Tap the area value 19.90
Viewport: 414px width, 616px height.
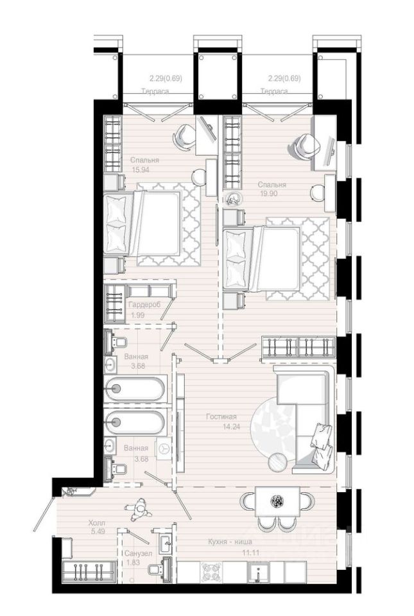click(268, 193)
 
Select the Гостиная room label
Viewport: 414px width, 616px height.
click(221, 417)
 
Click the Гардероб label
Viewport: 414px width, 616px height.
click(145, 305)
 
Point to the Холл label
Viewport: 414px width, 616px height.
click(97, 524)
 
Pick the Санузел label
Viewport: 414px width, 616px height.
click(138, 554)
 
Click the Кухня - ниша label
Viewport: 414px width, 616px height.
click(230, 542)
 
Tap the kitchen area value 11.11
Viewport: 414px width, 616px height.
click(251, 552)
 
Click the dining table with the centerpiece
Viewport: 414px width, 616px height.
click(278, 502)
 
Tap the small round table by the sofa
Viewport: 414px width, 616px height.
click(278, 462)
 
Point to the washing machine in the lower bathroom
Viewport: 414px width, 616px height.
click(164, 449)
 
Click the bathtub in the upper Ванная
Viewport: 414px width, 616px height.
click(135, 389)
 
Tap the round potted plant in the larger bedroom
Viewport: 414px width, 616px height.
click(234, 200)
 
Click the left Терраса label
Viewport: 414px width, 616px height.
click(155, 91)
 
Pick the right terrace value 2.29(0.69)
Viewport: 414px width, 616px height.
click(284, 78)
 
